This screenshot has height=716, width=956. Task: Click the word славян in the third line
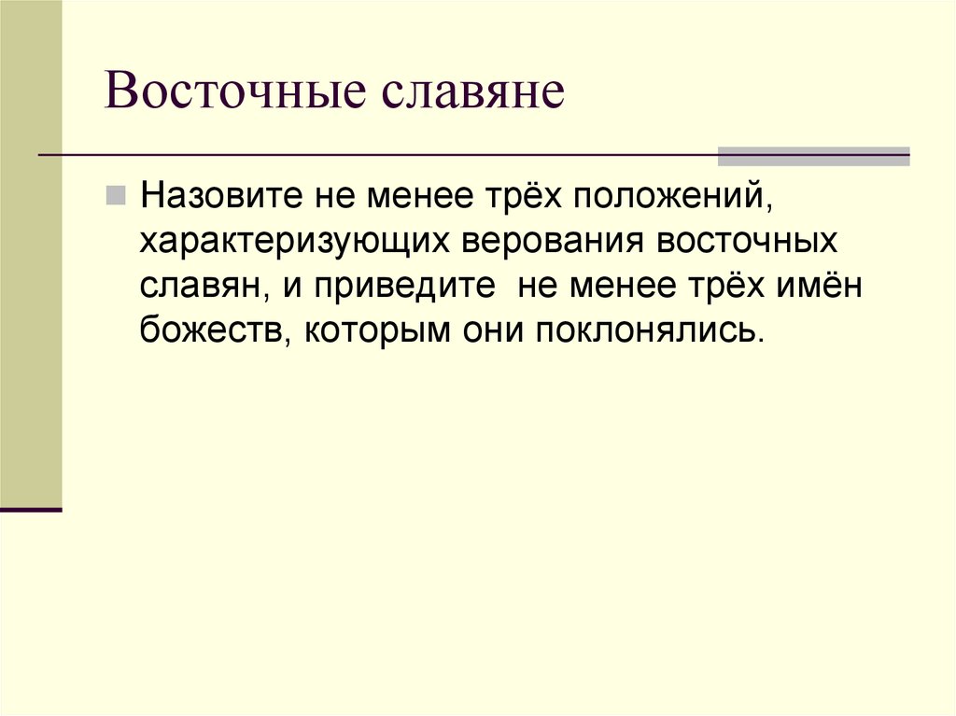[199, 286]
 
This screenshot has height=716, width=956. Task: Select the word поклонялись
[649, 330]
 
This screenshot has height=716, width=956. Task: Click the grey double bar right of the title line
[813, 156]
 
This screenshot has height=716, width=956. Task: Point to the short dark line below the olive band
[31, 510]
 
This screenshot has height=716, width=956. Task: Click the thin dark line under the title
[373, 154]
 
